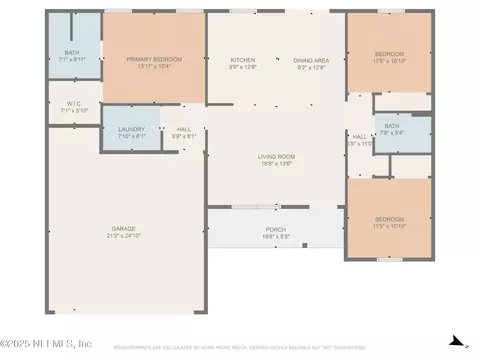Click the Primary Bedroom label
[x=154, y=59]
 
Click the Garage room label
[x=124, y=229]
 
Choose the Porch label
[x=275, y=229]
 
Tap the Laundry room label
[x=131, y=129]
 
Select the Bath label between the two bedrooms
[x=391, y=126]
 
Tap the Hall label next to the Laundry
[x=184, y=129]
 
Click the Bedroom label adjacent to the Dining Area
[x=389, y=53]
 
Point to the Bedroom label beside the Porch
[x=389, y=219]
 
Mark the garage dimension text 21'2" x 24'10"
[x=124, y=236]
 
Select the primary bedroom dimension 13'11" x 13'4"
[x=154, y=66]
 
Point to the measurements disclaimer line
[x=240, y=349]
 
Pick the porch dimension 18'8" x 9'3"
[x=275, y=236]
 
